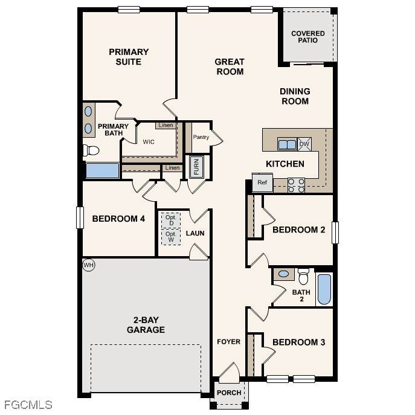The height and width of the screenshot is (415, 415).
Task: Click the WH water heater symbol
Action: (x=88, y=265)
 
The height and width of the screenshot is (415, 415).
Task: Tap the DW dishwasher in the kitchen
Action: (x=304, y=144)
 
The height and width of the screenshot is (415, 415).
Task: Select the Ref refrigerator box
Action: (x=262, y=182)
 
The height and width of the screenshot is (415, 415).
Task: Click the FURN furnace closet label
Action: (x=196, y=167)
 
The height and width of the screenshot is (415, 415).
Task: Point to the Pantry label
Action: (x=201, y=137)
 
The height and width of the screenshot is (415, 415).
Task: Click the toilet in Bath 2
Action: (x=303, y=277)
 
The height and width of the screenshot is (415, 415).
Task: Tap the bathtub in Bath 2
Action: (x=324, y=289)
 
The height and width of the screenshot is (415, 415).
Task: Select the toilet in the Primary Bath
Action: (x=91, y=150)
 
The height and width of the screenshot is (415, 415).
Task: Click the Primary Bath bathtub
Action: (x=103, y=171)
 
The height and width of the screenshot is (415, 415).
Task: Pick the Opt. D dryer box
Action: (x=171, y=220)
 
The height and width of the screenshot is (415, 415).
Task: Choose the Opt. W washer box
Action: (x=171, y=237)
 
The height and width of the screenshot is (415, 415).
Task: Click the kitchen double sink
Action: (x=287, y=144)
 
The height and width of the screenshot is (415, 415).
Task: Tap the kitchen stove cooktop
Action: (x=296, y=185)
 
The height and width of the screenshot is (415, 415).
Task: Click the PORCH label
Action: (x=229, y=393)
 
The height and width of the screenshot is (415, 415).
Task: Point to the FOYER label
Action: (x=229, y=342)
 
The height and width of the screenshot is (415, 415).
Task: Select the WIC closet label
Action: (x=149, y=142)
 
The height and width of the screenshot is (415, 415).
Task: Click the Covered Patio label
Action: (x=308, y=37)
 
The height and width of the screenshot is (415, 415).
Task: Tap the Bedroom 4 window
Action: (x=80, y=217)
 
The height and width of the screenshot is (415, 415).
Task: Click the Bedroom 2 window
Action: (x=335, y=233)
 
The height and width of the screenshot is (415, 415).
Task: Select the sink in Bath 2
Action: (x=283, y=274)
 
